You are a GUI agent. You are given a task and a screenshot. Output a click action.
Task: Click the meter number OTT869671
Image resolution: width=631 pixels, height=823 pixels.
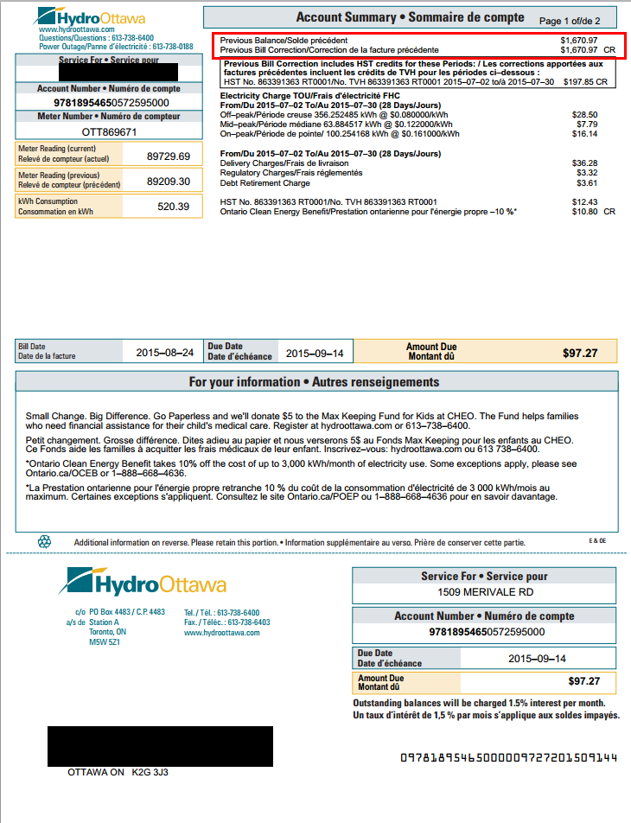coord(109,132)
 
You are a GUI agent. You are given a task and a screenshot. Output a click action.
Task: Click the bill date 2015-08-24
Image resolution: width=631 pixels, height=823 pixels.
coord(164,353)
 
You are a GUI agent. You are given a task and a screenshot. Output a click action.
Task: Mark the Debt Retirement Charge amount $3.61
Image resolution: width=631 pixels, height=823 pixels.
coord(586,182)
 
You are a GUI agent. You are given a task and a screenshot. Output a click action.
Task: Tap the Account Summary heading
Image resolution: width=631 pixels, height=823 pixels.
coord(410,17)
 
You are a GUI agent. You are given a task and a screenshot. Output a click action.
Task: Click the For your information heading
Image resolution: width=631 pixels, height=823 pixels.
coord(314,382)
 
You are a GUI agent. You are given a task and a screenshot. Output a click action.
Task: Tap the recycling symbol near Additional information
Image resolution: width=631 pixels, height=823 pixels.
coord(45,541)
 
